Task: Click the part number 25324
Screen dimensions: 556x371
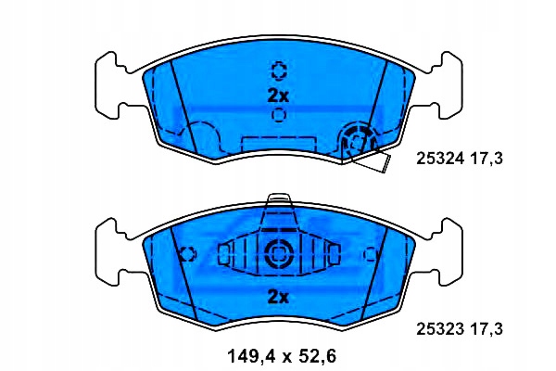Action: tap(440, 159)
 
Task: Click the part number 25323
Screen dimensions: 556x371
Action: tap(440, 329)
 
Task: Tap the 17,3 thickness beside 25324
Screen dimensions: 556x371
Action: tap(486, 159)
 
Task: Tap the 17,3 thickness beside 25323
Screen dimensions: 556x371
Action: tap(486, 329)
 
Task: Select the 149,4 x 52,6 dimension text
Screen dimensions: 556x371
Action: tap(281, 356)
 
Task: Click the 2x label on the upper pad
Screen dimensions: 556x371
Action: tap(278, 96)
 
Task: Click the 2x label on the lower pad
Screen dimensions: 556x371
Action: tap(278, 297)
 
